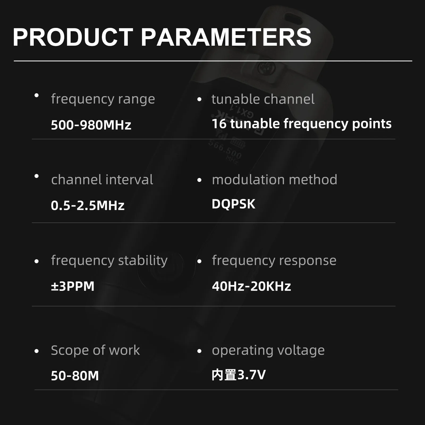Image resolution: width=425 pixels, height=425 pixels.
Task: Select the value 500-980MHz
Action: pos(91,125)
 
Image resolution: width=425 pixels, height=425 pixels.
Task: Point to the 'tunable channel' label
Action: pos(263,99)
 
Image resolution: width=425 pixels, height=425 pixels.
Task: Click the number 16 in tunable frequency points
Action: pos(219,124)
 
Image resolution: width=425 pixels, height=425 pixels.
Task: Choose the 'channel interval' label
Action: pos(102,180)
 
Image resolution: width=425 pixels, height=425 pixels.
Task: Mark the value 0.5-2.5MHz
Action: pos(88,205)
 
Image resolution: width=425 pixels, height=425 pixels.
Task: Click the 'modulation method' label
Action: pos(275,180)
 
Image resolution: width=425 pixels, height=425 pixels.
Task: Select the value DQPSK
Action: pos(233,204)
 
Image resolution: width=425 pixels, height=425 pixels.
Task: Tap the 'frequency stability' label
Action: pos(109,261)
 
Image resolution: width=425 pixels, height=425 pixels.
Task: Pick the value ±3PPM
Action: pos(73,286)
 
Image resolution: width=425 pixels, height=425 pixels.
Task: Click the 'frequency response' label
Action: pos(274,261)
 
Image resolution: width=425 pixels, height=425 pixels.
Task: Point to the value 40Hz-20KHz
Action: pos(252,286)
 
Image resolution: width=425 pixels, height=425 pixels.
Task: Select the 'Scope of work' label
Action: pos(95,350)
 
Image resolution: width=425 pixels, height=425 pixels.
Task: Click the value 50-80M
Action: pos(75,376)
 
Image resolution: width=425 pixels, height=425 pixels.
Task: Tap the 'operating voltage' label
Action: pos(268,351)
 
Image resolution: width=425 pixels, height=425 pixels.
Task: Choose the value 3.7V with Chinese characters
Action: pos(239,375)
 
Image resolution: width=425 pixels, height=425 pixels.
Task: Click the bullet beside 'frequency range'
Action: pos(37,95)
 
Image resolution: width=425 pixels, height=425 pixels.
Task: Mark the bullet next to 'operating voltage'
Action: pos(199,351)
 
